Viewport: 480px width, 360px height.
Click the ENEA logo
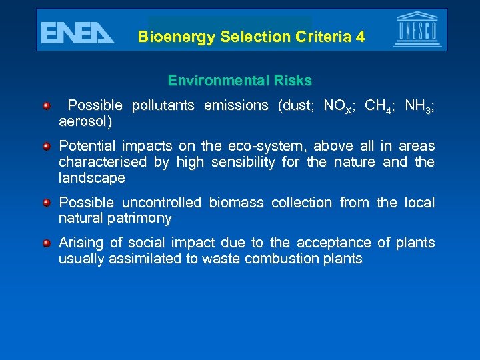77,31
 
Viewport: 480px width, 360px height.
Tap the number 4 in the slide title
361,37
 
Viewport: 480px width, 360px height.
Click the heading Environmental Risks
239,81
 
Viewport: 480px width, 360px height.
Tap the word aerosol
85,122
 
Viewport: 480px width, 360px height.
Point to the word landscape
91,178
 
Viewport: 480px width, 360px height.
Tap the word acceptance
328,243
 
